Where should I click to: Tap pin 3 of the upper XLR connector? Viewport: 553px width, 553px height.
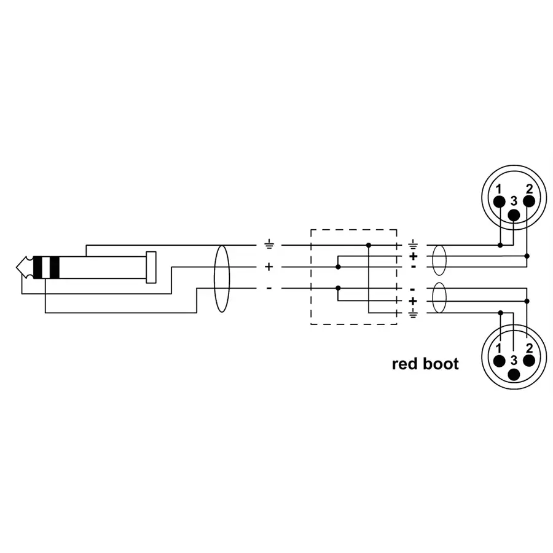point(513,214)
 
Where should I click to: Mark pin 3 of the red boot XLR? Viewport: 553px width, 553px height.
point(514,374)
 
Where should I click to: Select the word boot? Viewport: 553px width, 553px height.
point(441,364)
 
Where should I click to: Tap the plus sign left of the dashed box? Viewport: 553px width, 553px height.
point(269,267)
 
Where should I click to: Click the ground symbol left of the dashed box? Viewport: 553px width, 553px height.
point(269,245)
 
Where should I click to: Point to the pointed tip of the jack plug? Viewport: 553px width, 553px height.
point(21,267)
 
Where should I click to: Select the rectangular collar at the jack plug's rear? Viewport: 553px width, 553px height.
point(151,267)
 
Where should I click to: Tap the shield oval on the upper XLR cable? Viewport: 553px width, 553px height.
point(438,261)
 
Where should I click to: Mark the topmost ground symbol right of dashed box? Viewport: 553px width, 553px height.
point(413,244)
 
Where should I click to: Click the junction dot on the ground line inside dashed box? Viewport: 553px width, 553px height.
point(368,245)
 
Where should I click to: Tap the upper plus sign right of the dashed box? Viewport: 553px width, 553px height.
point(413,256)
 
